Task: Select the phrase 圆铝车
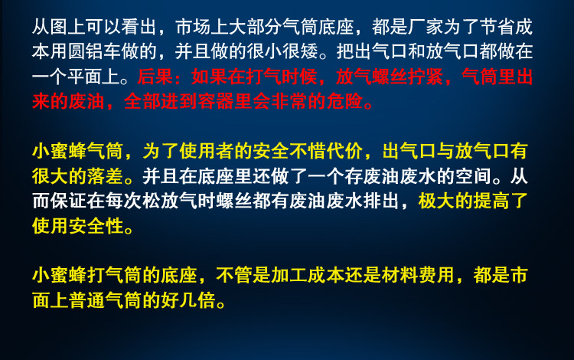click(x=95, y=51)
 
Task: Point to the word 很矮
click(x=301, y=51)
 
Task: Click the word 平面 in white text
click(x=86, y=77)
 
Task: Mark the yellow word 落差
click(x=105, y=176)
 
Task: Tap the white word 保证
click(x=68, y=201)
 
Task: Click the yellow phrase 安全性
click(x=96, y=226)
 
